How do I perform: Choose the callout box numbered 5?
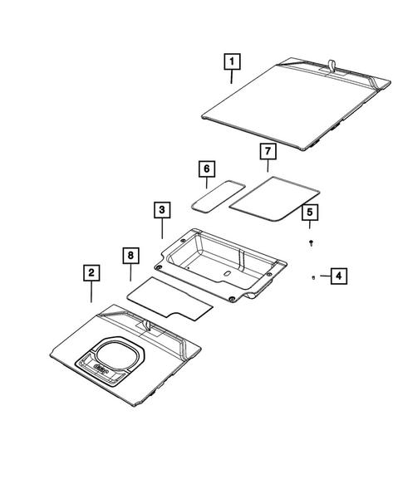(x=309, y=213)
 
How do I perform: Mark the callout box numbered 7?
(x=267, y=151)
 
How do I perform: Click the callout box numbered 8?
(x=130, y=253)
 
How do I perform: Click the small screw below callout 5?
(x=309, y=242)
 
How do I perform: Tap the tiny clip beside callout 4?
(x=312, y=276)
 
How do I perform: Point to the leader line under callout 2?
(x=91, y=292)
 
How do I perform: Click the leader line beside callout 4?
(x=322, y=275)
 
